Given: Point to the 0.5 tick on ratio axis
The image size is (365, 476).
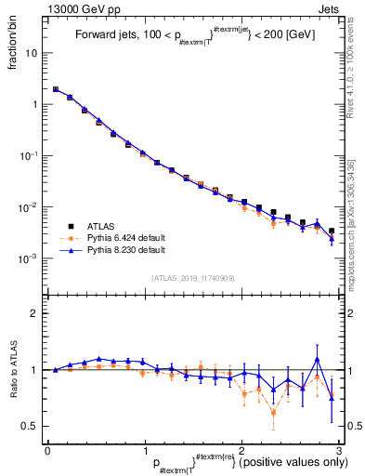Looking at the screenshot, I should coord(32,426).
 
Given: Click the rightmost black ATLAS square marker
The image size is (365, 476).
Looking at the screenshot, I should coord(332,231).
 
